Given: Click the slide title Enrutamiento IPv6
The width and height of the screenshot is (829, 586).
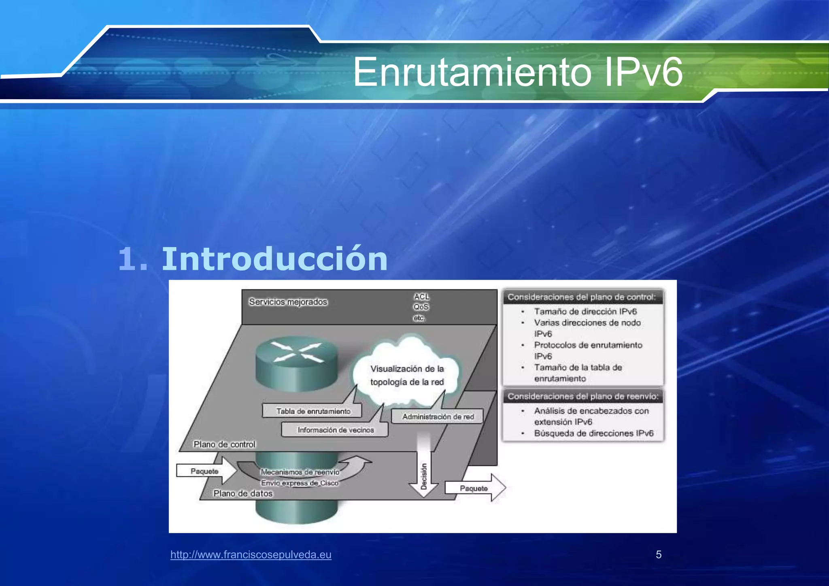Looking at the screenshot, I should (518, 72).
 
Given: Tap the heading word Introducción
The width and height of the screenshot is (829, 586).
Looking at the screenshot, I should (274, 259).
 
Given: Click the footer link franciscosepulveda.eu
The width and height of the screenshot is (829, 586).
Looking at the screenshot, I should (251, 554).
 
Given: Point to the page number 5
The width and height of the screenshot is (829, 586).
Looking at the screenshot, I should (659, 554).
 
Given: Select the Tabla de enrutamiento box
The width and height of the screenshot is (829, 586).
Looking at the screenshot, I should (312, 411).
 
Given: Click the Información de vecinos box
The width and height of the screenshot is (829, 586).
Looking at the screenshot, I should (335, 430).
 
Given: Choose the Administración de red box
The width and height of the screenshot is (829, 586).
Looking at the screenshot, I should (438, 416).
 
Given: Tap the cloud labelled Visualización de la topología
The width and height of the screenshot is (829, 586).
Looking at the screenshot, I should (407, 375).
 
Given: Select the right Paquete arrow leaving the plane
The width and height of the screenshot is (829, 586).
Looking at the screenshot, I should (475, 488).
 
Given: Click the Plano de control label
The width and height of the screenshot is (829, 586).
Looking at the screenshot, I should (224, 444).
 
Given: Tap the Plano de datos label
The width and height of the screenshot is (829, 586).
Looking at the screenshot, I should (243, 493).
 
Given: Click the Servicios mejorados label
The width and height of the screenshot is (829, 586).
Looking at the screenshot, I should (288, 302).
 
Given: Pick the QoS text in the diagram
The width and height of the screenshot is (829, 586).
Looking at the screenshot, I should (421, 307).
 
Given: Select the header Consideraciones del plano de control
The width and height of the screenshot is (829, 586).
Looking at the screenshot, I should (582, 297).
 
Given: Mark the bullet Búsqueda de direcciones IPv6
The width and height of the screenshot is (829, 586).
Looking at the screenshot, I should (593, 433).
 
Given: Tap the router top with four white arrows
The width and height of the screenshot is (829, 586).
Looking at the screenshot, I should (297, 352).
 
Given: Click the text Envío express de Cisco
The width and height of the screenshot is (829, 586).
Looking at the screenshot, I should (300, 483).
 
